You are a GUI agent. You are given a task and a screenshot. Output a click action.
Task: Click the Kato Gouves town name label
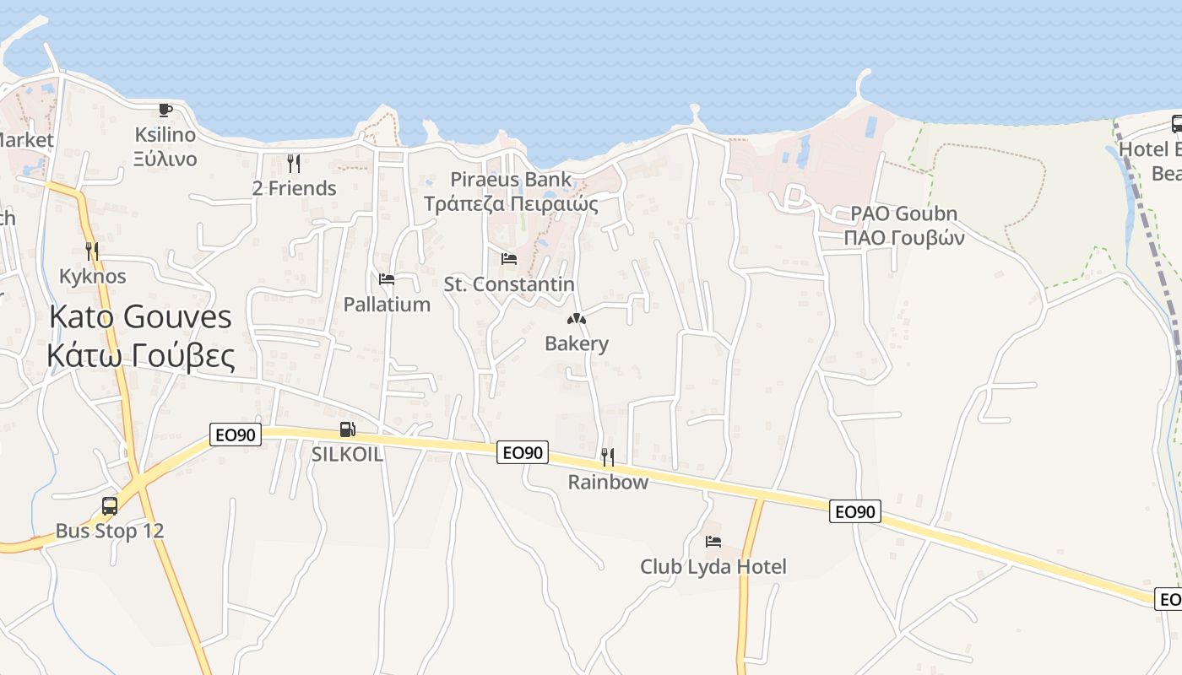pos(140,317)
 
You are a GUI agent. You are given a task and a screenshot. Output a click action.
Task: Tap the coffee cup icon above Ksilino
pos(165,110)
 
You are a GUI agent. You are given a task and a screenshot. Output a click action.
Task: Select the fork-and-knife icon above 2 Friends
pos(294,163)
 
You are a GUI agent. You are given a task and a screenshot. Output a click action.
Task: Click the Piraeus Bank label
pos(511,180)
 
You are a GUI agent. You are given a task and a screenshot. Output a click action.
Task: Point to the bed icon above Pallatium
pos(387,279)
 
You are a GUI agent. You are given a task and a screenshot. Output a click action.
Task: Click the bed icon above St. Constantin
pos(509,259)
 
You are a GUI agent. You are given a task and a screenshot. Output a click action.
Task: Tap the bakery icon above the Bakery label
pos(577,319)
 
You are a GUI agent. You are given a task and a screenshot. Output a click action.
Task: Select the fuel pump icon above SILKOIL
pos(347,429)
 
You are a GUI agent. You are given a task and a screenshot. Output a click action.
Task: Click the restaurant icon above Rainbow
pos(608,457)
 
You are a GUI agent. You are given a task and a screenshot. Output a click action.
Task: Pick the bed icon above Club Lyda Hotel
pos(713,541)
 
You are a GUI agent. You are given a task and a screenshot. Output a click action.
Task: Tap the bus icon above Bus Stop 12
pos(110,506)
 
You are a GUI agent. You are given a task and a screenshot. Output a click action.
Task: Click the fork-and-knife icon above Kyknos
pos(92,251)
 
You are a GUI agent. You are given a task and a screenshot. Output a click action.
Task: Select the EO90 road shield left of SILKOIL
pos(236,435)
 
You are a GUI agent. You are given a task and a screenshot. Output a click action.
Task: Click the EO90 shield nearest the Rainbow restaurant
pos(523,452)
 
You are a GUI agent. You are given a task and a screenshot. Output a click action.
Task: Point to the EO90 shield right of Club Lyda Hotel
pos(855,511)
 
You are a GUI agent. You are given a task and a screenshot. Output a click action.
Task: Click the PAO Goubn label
pos(903,213)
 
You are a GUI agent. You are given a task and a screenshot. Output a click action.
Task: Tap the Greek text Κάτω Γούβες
pos(140,356)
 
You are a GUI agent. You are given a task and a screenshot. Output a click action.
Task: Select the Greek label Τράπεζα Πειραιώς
pos(511,204)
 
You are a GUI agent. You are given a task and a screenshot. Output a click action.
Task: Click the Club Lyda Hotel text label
pos(713,567)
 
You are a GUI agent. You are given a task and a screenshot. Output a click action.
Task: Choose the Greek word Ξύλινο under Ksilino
pos(165,159)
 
